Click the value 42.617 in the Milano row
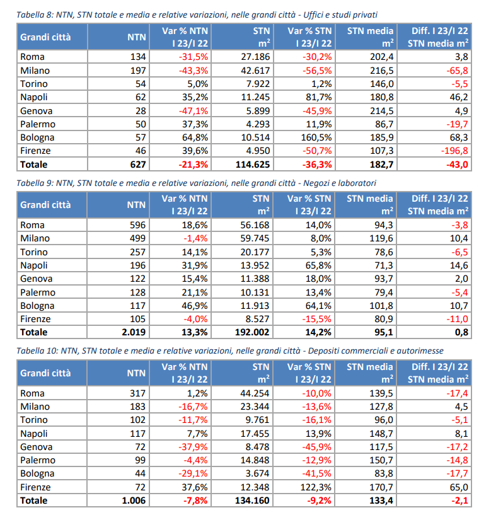pos(255,71)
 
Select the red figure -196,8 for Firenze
pos(454,151)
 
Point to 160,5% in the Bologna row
pos(316,137)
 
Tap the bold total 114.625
pos(253,165)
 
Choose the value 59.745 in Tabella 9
pos(255,238)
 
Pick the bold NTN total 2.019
pos(134,332)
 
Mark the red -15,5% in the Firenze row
pos(316,319)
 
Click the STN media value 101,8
pos(381,306)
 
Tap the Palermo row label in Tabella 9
pos(38,292)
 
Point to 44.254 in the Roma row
pos(255,393)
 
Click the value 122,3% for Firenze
pos(316,487)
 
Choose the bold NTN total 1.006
pos(134,501)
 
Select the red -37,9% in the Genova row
pos(193,447)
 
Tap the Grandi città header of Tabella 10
pos(45,373)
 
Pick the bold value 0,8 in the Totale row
pos(461,332)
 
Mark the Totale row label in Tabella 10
pos(34,501)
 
